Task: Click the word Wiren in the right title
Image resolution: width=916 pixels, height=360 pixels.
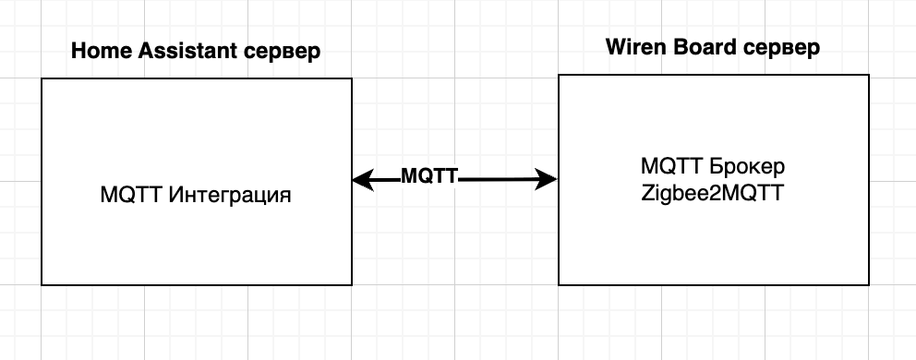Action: [x=632, y=47]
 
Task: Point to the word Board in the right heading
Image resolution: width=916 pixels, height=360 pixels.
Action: [x=700, y=47]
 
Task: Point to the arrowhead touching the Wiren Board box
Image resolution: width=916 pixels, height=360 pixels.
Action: [x=551, y=180]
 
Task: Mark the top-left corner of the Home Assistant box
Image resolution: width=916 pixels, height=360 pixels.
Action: [x=42, y=78]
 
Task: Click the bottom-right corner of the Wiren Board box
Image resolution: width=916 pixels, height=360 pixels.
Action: [x=869, y=284]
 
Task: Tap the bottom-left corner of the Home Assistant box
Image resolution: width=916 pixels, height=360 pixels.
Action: [x=42, y=284]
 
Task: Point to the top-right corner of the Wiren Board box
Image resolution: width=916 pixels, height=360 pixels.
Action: [x=869, y=76]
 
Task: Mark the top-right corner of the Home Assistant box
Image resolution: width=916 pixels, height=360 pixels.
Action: [x=352, y=78]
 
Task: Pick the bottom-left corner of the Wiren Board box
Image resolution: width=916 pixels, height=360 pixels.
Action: [x=559, y=284]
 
